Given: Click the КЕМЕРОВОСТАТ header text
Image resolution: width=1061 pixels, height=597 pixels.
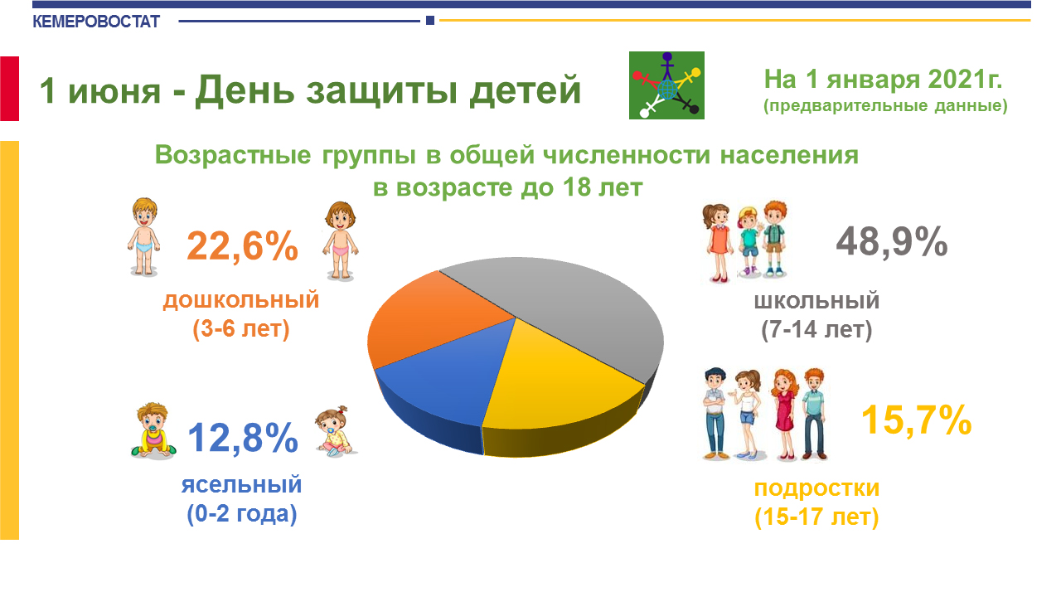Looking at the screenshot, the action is point(96,22).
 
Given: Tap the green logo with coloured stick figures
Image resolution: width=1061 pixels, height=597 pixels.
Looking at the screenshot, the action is point(666,85).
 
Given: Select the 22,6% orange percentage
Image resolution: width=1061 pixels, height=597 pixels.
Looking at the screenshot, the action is point(242,246).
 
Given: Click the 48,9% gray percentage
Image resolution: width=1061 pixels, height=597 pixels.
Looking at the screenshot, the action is point(891,241).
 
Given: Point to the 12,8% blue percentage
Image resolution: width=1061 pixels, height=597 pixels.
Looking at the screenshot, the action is point(243,438).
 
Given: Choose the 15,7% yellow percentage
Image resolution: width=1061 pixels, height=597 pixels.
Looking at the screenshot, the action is point(916,420).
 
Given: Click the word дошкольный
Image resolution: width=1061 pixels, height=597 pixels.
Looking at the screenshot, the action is point(241,300).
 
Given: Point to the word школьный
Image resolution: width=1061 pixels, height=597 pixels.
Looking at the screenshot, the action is point(816,301).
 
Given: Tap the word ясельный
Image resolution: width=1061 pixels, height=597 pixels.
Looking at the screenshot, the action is point(241,485).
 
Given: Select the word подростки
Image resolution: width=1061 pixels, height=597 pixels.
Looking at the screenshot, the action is point(816,488).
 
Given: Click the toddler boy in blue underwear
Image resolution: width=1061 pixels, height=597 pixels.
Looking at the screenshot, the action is point(143,237).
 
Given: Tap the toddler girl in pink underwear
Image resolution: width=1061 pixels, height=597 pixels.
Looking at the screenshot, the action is point(341,240).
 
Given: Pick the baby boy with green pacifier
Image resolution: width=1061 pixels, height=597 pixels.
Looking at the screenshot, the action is point(153,431).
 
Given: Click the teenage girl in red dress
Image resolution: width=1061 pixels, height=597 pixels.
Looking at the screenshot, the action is point(785,415).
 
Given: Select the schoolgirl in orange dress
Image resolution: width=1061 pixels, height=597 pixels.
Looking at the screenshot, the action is point(718,243).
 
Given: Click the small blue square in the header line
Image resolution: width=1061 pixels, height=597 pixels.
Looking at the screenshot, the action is point(430,21).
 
